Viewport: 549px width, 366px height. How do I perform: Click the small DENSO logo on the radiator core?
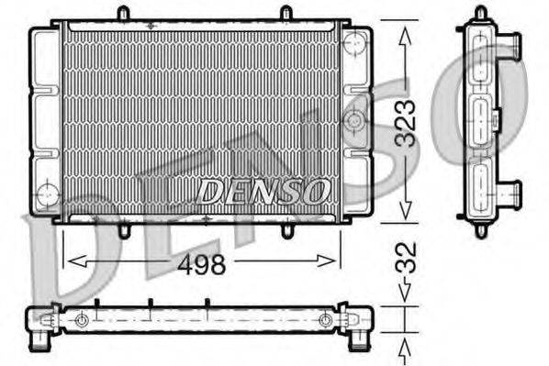pos(263,191)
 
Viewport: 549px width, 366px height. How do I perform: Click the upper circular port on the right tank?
pos(353,43)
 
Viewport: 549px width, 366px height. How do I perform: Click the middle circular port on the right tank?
pos(353,119)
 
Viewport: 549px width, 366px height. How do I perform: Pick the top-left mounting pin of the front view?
pos(123,14)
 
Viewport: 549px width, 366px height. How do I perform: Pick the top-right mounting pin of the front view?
pos(286,14)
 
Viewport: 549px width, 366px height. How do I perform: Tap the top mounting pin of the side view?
pos(480,13)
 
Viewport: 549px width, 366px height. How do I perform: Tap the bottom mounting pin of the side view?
pos(480,229)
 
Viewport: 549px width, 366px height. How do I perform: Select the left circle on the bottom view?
pos(82,320)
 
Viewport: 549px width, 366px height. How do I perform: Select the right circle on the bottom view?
pos(325,320)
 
